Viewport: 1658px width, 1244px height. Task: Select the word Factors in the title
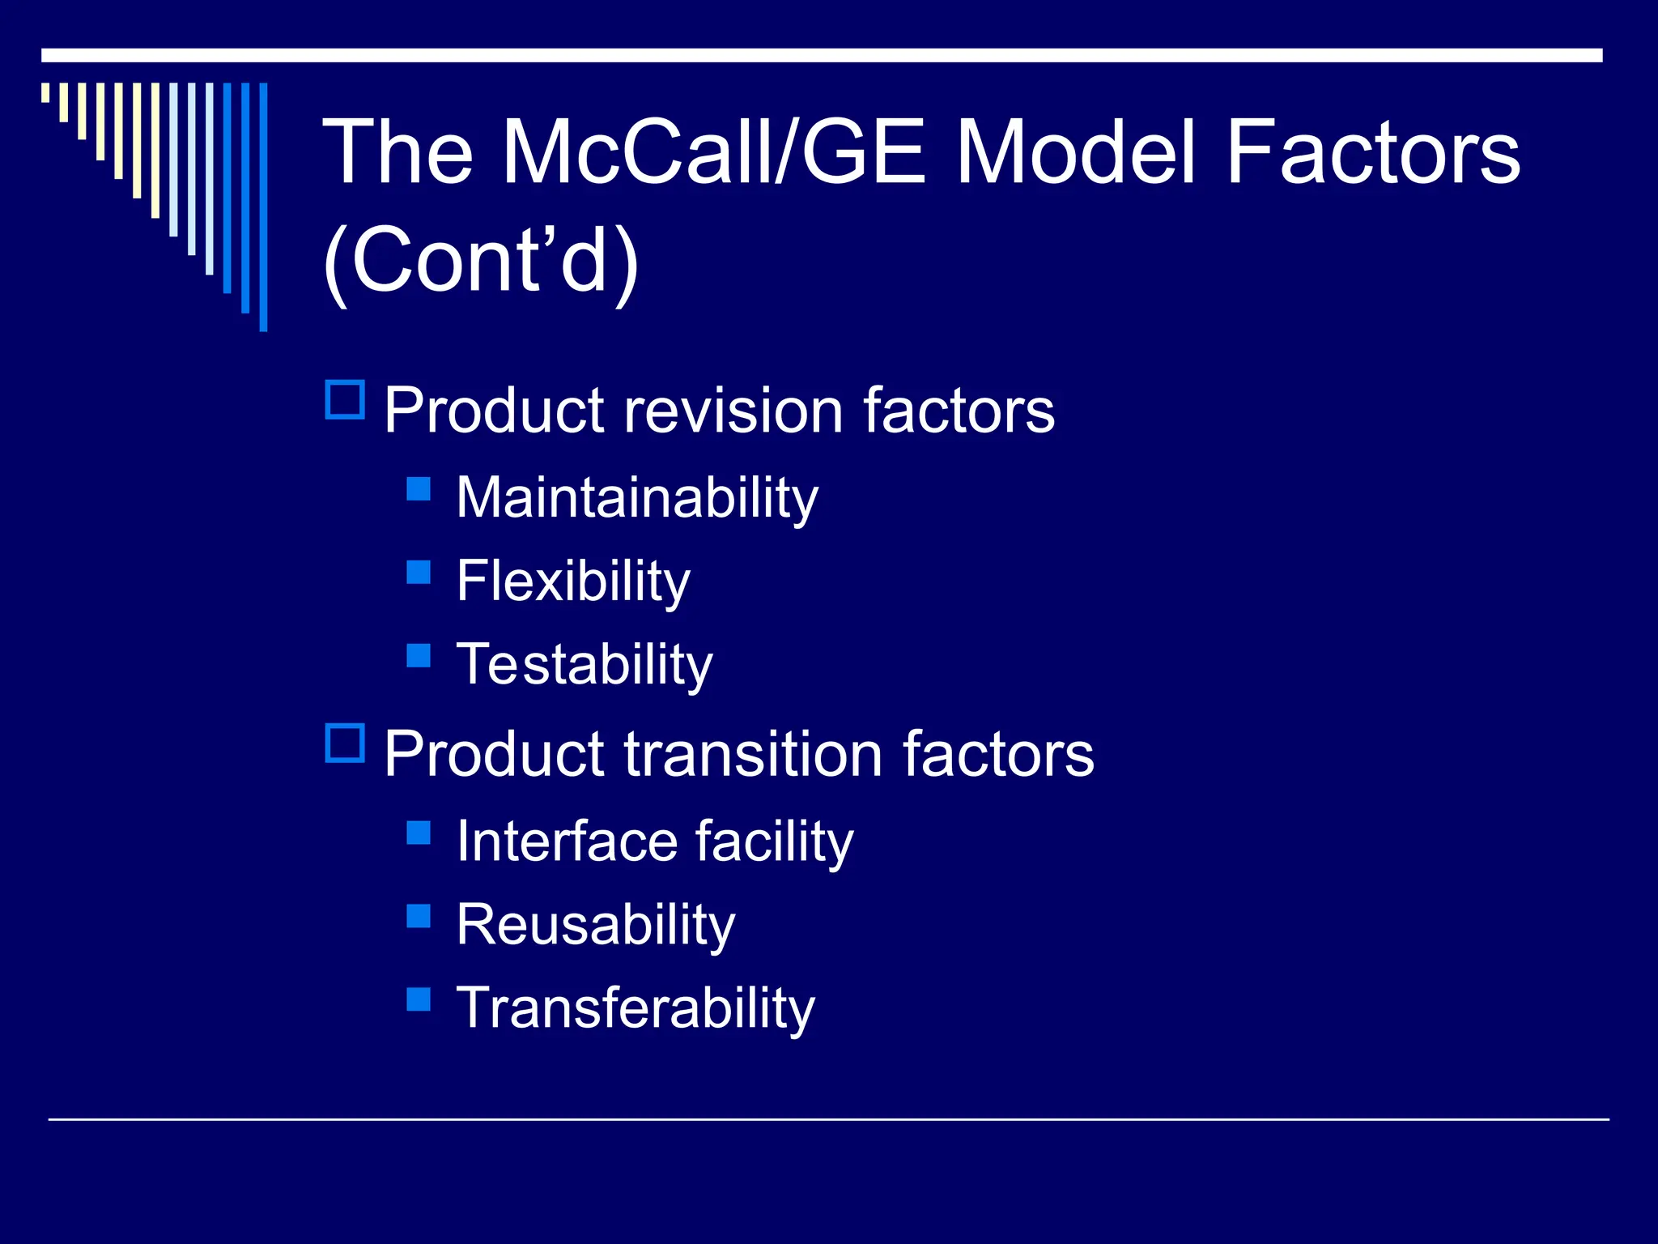click(1373, 152)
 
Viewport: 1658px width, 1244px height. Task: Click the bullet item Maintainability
click(637, 497)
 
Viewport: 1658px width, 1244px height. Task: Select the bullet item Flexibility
click(573, 581)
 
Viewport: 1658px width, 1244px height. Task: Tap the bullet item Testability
click(585, 664)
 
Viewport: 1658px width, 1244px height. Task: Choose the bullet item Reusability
click(596, 925)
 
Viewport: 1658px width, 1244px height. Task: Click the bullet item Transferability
click(636, 1008)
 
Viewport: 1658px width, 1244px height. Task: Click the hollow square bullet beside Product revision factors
click(345, 400)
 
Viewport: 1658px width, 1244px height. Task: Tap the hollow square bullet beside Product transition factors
click(345, 743)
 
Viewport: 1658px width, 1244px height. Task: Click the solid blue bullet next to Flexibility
click(419, 572)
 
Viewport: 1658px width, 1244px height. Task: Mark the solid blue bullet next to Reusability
click(419, 915)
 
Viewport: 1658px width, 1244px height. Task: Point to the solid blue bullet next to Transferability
click(419, 999)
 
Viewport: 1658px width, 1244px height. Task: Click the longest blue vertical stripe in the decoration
click(263, 207)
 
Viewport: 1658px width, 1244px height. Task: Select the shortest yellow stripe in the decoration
click(45, 92)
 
